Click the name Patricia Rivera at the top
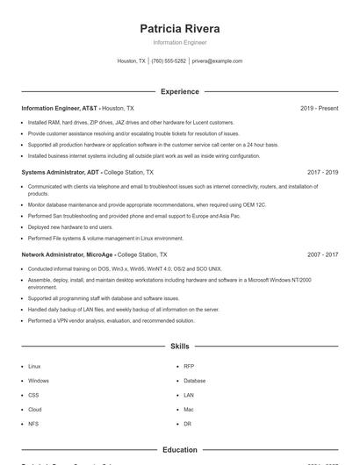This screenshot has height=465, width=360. pos(180,28)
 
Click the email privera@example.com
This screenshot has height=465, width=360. pos(217,61)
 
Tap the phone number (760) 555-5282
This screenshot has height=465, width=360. pos(169,61)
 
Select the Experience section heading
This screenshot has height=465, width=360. pos(180,91)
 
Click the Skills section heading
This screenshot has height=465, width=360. pos(180,347)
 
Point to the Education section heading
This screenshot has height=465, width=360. pos(180,450)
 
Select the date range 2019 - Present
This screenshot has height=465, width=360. pos(319,109)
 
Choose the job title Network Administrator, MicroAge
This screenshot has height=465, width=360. pos(68,254)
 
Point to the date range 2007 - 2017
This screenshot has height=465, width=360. pos(322,254)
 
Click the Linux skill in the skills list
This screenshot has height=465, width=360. pos(34,366)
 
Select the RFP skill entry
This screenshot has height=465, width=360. pos(189,366)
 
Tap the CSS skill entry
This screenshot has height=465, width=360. pos(33,395)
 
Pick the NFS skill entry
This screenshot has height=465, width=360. pos(33,424)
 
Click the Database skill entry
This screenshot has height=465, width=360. pos(194,381)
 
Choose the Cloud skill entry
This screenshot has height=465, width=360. pos(35,410)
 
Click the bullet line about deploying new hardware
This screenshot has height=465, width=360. pos(70,226)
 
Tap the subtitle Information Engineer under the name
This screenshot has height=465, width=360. pos(180,42)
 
